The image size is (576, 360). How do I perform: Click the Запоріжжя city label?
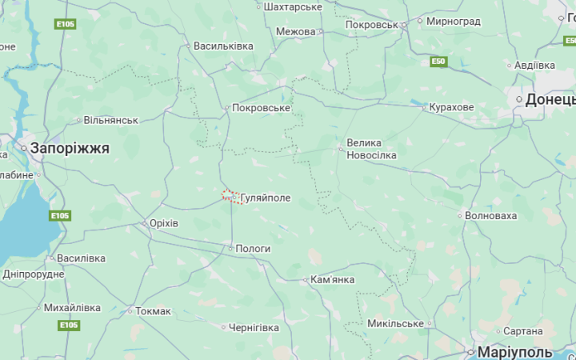click(70, 148)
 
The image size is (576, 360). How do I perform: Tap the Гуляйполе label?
click(265, 198)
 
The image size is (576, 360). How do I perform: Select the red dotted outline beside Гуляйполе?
click(231, 196)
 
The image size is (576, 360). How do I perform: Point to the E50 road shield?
click(438, 62)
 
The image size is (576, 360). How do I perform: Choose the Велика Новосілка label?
click(371, 149)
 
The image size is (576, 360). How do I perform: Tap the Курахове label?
click(451, 107)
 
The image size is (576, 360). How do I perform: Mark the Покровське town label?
click(261, 107)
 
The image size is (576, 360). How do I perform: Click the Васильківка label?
click(223, 46)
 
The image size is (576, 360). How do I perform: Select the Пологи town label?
click(253, 249)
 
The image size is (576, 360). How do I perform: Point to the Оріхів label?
click(164, 223)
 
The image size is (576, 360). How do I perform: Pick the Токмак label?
click(153, 311)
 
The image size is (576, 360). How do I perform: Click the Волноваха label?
click(491, 215)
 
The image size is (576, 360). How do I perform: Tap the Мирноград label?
click(454, 21)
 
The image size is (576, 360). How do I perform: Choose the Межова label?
click(295, 31)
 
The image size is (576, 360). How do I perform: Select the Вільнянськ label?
click(111, 120)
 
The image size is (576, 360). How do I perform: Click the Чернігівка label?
click(254, 328)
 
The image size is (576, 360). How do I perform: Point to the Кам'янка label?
click(332, 280)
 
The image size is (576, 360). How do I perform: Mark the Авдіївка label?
click(534, 65)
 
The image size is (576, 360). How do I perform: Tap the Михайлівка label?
click(72, 307)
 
